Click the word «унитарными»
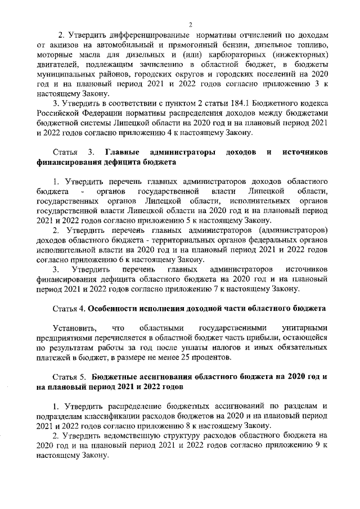[304, 328]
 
